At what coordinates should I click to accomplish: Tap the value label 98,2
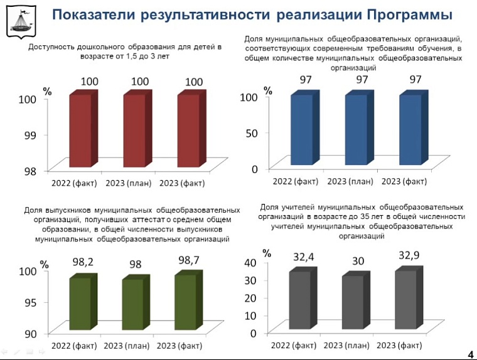(x=82, y=262)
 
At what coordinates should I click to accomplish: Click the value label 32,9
(x=409, y=255)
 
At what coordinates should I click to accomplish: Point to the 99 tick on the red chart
(x=31, y=134)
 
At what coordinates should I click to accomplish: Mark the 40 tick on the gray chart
(x=250, y=262)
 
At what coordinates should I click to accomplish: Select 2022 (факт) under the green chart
(x=74, y=346)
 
